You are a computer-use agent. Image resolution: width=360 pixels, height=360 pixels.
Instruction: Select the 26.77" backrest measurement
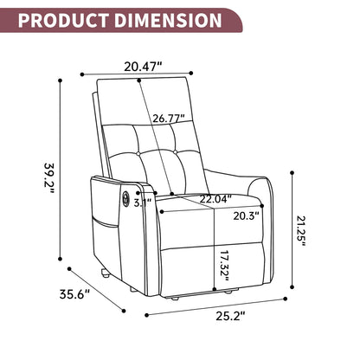pos(170,119)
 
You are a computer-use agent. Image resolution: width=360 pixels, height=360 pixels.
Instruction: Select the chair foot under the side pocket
pos(103,274)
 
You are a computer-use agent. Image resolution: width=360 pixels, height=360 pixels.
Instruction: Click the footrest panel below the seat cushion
pos(212,268)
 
